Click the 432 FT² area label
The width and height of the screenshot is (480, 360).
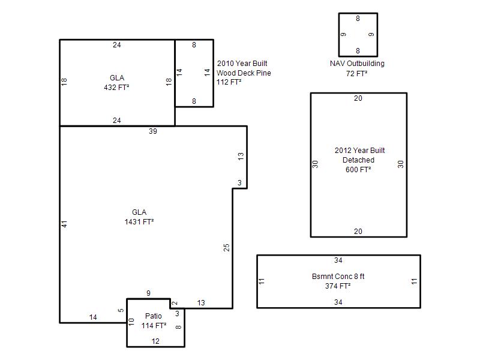pyautogui.click(x=116, y=88)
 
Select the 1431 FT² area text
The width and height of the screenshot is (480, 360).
pyautogui.click(x=139, y=222)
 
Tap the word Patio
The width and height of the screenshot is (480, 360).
pyautogui.click(x=154, y=316)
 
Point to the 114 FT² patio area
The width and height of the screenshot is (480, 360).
pyautogui.click(x=154, y=326)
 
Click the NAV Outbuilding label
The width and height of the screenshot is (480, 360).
pyautogui.click(x=357, y=64)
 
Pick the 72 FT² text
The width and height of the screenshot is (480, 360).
pyautogui.click(x=356, y=74)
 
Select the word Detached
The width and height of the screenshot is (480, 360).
pyautogui.click(x=358, y=160)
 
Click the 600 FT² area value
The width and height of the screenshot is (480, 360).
pyautogui.click(x=358, y=170)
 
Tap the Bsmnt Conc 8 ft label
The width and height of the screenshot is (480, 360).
pyautogui.click(x=338, y=277)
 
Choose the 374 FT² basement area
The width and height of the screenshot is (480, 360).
pyautogui.click(x=338, y=286)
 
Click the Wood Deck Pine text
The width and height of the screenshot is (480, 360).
pyautogui.click(x=244, y=73)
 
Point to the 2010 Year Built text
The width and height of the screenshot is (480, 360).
pyautogui.click(x=242, y=64)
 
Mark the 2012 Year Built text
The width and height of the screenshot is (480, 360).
pyautogui.click(x=359, y=151)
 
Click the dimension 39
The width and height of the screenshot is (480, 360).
pyautogui.click(x=153, y=131)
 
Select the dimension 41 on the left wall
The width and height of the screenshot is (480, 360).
pyautogui.click(x=64, y=224)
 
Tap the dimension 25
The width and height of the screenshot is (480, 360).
pyautogui.click(x=227, y=247)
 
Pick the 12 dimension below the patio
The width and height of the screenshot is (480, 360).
pyautogui.click(x=155, y=341)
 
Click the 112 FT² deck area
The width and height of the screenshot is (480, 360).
pyautogui.click(x=229, y=82)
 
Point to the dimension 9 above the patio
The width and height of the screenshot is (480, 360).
pyautogui.click(x=148, y=293)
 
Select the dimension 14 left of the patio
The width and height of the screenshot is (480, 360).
pyautogui.click(x=93, y=317)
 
